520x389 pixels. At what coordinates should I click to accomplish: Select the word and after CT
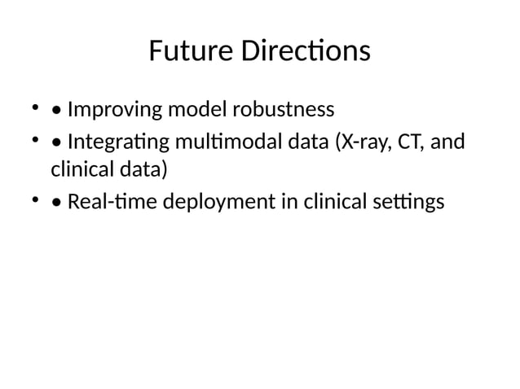(446, 143)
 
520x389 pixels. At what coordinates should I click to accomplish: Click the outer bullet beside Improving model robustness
(34, 106)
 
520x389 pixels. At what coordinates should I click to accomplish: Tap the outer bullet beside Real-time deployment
(34, 199)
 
